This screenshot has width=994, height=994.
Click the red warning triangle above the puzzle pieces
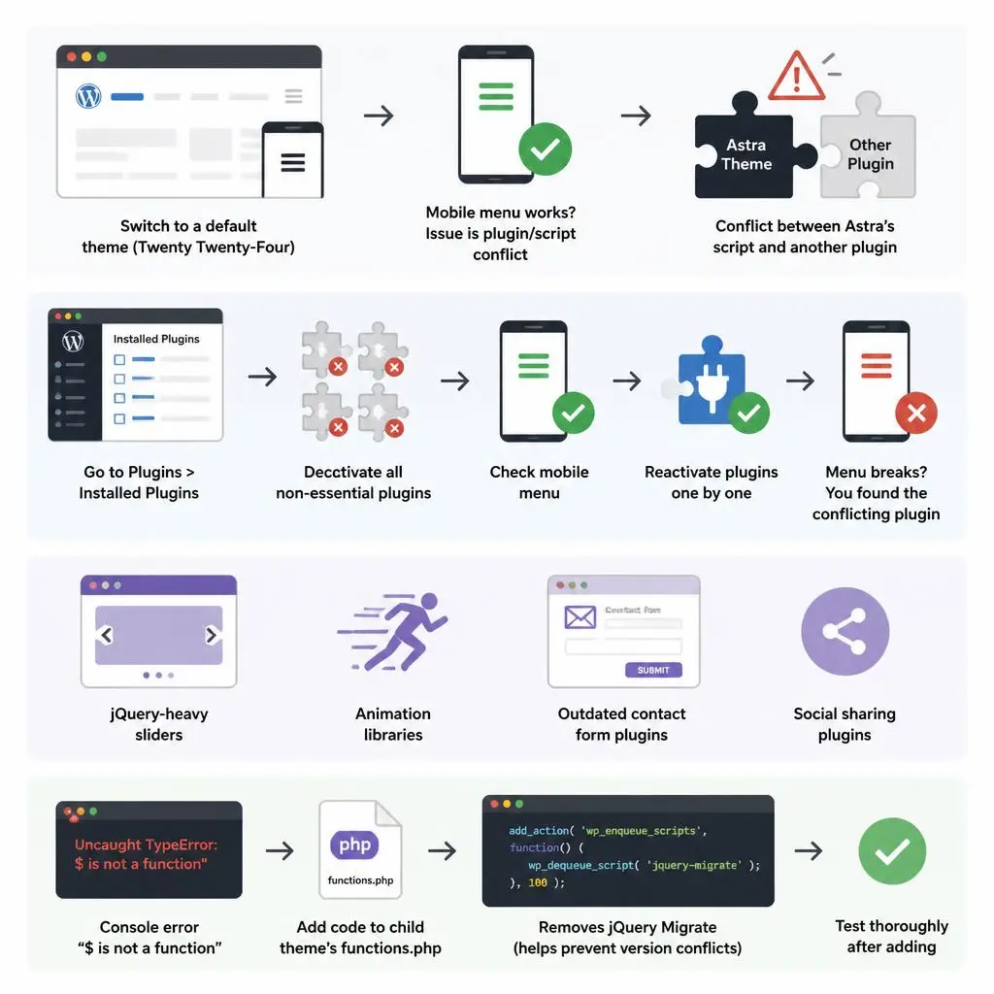tap(796, 78)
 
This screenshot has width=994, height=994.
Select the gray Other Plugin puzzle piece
tap(868, 148)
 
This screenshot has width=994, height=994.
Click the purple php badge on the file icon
tap(354, 845)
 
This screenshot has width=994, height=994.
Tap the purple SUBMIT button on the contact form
tap(653, 670)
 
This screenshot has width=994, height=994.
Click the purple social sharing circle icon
tap(845, 631)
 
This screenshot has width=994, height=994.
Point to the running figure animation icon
tap(393, 631)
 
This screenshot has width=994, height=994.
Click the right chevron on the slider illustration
tap(212, 635)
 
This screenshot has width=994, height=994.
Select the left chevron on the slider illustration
tap(107, 635)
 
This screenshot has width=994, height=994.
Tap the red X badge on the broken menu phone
tap(916, 414)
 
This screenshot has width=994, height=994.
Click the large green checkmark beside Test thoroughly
tap(892, 850)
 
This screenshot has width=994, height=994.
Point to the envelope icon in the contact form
tap(580, 616)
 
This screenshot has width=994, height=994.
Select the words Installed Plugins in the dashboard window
tap(156, 339)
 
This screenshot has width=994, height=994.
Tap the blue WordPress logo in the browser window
tap(88, 96)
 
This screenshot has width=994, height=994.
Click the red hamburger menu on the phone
tap(877, 366)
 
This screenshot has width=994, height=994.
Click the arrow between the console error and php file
tap(280, 850)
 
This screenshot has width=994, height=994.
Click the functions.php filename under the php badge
tap(360, 879)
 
